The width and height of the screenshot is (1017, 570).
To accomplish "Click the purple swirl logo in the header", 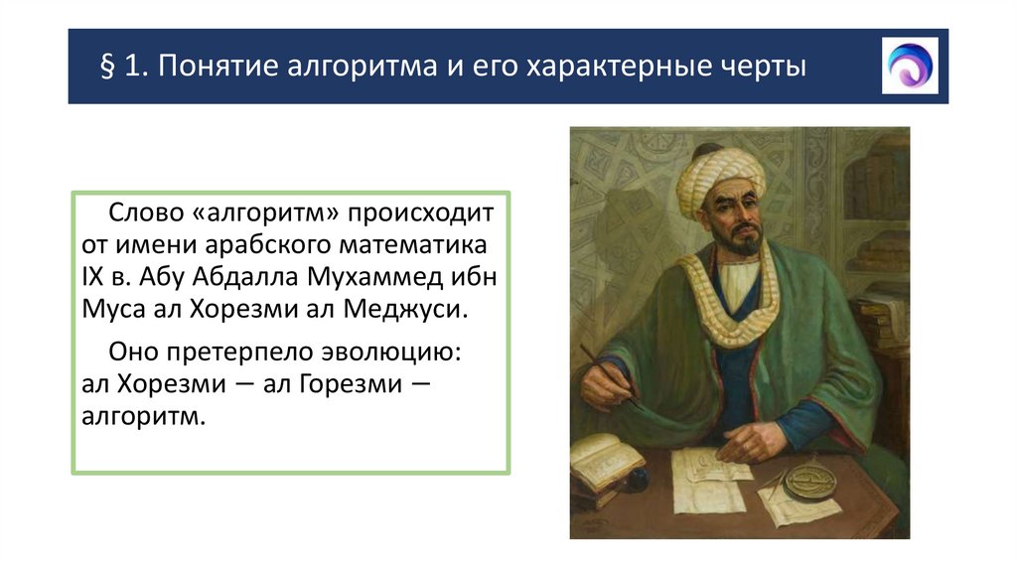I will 909,66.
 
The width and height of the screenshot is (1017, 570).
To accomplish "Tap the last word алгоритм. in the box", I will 143,416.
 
